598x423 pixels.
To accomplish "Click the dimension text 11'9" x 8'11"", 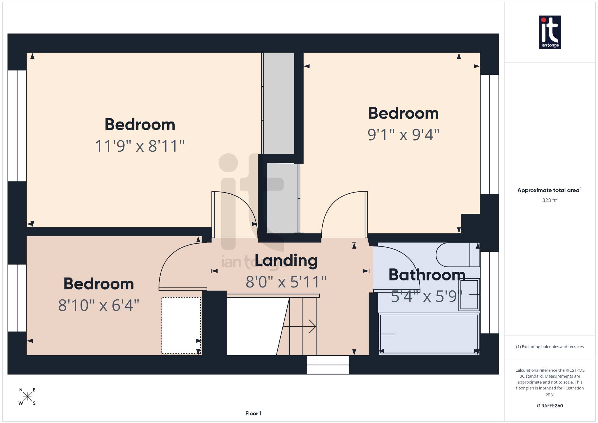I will [x=140, y=146].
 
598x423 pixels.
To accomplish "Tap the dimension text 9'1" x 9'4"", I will [x=403, y=135].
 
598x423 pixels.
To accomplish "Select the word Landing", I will [x=286, y=260].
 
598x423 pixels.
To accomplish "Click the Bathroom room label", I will [x=427, y=275].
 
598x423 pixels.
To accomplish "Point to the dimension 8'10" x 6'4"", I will [x=99, y=305].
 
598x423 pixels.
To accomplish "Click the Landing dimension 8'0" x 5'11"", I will [x=286, y=282].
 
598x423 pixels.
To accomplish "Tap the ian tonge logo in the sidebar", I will [x=550, y=32].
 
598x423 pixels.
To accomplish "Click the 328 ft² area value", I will [x=550, y=200].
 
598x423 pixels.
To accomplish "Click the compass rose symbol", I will [x=27, y=396].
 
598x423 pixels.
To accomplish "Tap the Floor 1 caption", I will [x=253, y=413].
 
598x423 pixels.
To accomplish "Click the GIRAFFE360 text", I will [x=550, y=405].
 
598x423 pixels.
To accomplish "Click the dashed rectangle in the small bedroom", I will [x=181, y=325].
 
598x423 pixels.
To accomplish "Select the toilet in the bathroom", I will [x=457, y=255].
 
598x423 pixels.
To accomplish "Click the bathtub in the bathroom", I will [x=429, y=333].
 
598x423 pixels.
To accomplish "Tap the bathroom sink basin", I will [x=469, y=294].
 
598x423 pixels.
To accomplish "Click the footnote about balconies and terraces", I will [x=550, y=347].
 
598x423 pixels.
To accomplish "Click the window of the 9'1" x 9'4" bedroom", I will [x=489, y=134].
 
